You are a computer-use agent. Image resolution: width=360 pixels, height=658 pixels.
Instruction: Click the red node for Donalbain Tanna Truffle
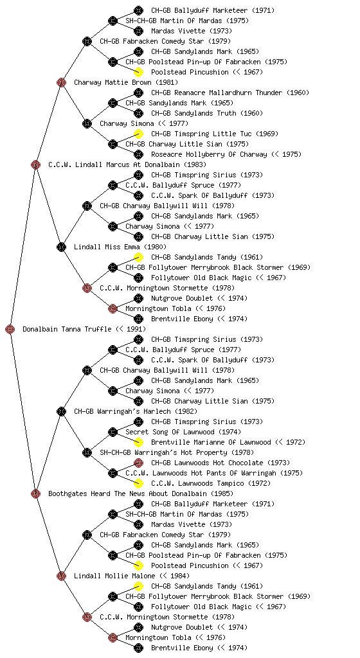(10, 329)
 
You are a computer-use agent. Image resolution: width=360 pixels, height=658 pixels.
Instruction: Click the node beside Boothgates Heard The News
(35, 493)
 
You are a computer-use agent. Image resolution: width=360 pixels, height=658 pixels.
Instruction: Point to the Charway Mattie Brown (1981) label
(126, 82)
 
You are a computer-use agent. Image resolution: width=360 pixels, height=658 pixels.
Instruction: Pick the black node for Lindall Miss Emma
(61, 247)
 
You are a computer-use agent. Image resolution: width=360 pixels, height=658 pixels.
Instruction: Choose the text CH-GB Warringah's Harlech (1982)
(136, 411)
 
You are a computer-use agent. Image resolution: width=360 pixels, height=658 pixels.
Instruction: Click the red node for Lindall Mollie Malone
(61, 576)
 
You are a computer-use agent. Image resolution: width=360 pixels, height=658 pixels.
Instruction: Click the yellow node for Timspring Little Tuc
(138, 134)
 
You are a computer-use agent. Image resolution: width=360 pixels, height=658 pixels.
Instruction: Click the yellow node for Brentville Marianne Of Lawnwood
(138, 442)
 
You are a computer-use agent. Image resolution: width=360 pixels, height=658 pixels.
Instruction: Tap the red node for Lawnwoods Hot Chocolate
(138, 463)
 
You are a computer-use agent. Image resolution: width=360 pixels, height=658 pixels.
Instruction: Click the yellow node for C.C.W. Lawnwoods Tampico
(138, 483)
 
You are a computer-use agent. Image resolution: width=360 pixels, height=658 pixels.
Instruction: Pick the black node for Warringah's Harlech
(61, 411)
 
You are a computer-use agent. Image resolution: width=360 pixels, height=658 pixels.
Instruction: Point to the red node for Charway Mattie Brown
(61, 82)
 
